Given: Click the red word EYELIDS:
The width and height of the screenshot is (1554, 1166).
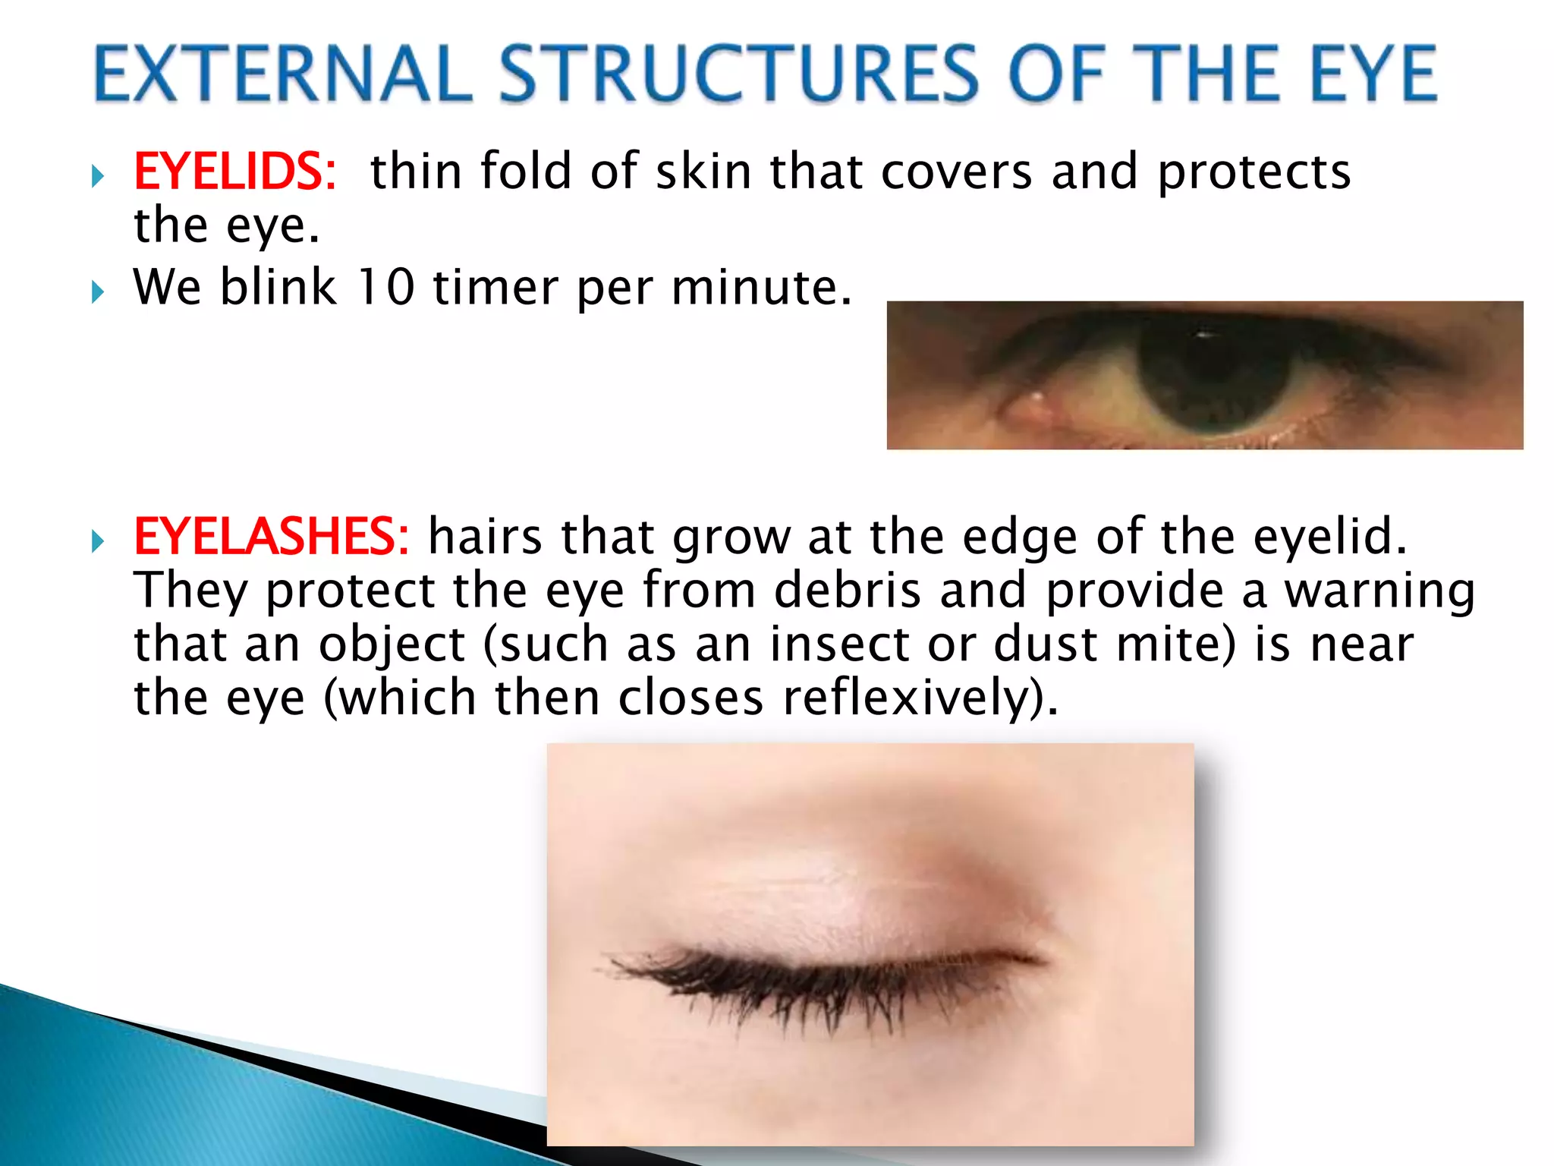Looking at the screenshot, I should pos(234,172).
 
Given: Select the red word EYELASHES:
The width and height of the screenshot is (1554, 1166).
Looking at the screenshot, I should pos(271,537).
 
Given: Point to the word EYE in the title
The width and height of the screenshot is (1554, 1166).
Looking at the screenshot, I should pos(1373,74).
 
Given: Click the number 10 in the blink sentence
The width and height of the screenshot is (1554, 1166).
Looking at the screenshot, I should pos(386,288).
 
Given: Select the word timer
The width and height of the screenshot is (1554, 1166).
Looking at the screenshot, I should pos(495,288).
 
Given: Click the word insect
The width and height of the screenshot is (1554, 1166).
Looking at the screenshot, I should pos(839,644).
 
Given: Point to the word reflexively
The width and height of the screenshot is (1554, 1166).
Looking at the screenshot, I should pos(920,698).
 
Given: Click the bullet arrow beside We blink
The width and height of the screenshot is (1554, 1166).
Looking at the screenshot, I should pos(98,291).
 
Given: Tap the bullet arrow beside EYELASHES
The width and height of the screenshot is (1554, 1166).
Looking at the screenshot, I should pos(98,541).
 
